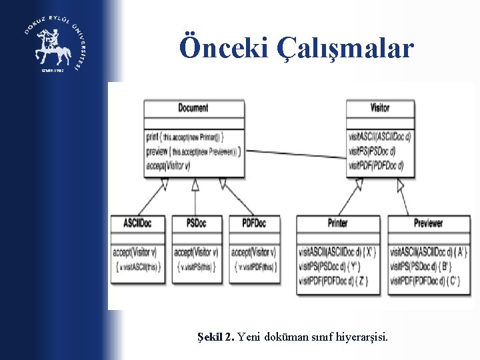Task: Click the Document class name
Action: point(193,107)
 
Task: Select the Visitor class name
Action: point(380,107)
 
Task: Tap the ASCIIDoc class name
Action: point(138,223)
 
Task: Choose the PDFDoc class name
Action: point(253,223)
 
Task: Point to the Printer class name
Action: point(338,223)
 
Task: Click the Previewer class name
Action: point(428,223)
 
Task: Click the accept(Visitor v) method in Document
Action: point(168,165)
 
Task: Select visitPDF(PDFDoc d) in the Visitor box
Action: point(375,165)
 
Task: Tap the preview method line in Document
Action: point(191,151)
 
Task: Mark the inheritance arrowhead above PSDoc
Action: point(195,187)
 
